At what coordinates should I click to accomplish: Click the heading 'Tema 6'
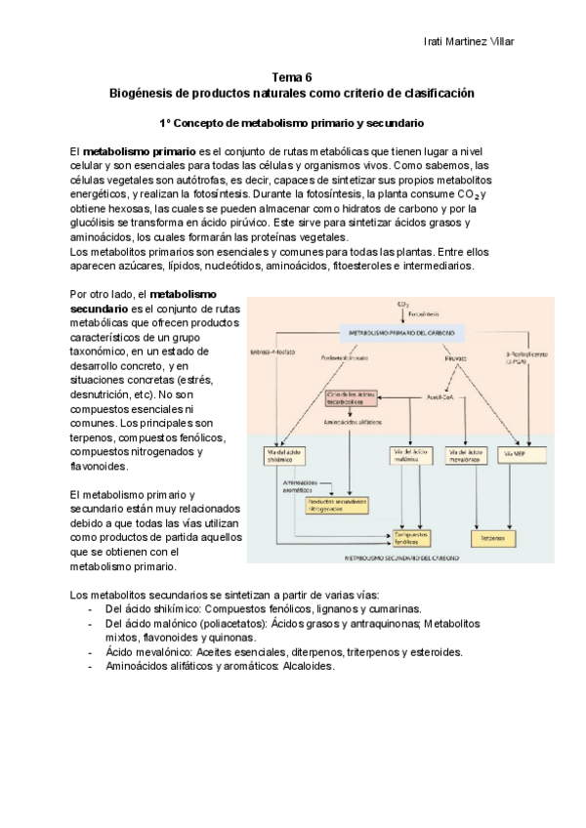[x=292, y=76]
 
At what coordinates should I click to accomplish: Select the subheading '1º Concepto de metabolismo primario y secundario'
[x=291, y=123]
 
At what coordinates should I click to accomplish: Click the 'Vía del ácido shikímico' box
[x=284, y=456]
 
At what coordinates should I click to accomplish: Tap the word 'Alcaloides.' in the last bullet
[x=309, y=666]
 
